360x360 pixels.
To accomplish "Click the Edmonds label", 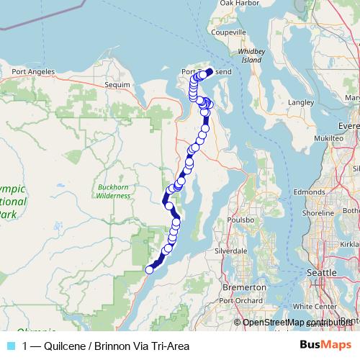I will pyautogui.click(x=309, y=192).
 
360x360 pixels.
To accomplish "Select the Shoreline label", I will pyautogui.click(x=318, y=213).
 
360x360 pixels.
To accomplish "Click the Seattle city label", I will pyautogui.click(x=321, y=274).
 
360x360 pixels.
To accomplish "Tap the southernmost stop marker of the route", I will pyautogui.click(x=150, y=270).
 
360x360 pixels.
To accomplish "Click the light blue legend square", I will pyautogui.click(x=12, y=346).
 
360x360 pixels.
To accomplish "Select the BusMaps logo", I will pyautogui.click(x=325, y=346).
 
